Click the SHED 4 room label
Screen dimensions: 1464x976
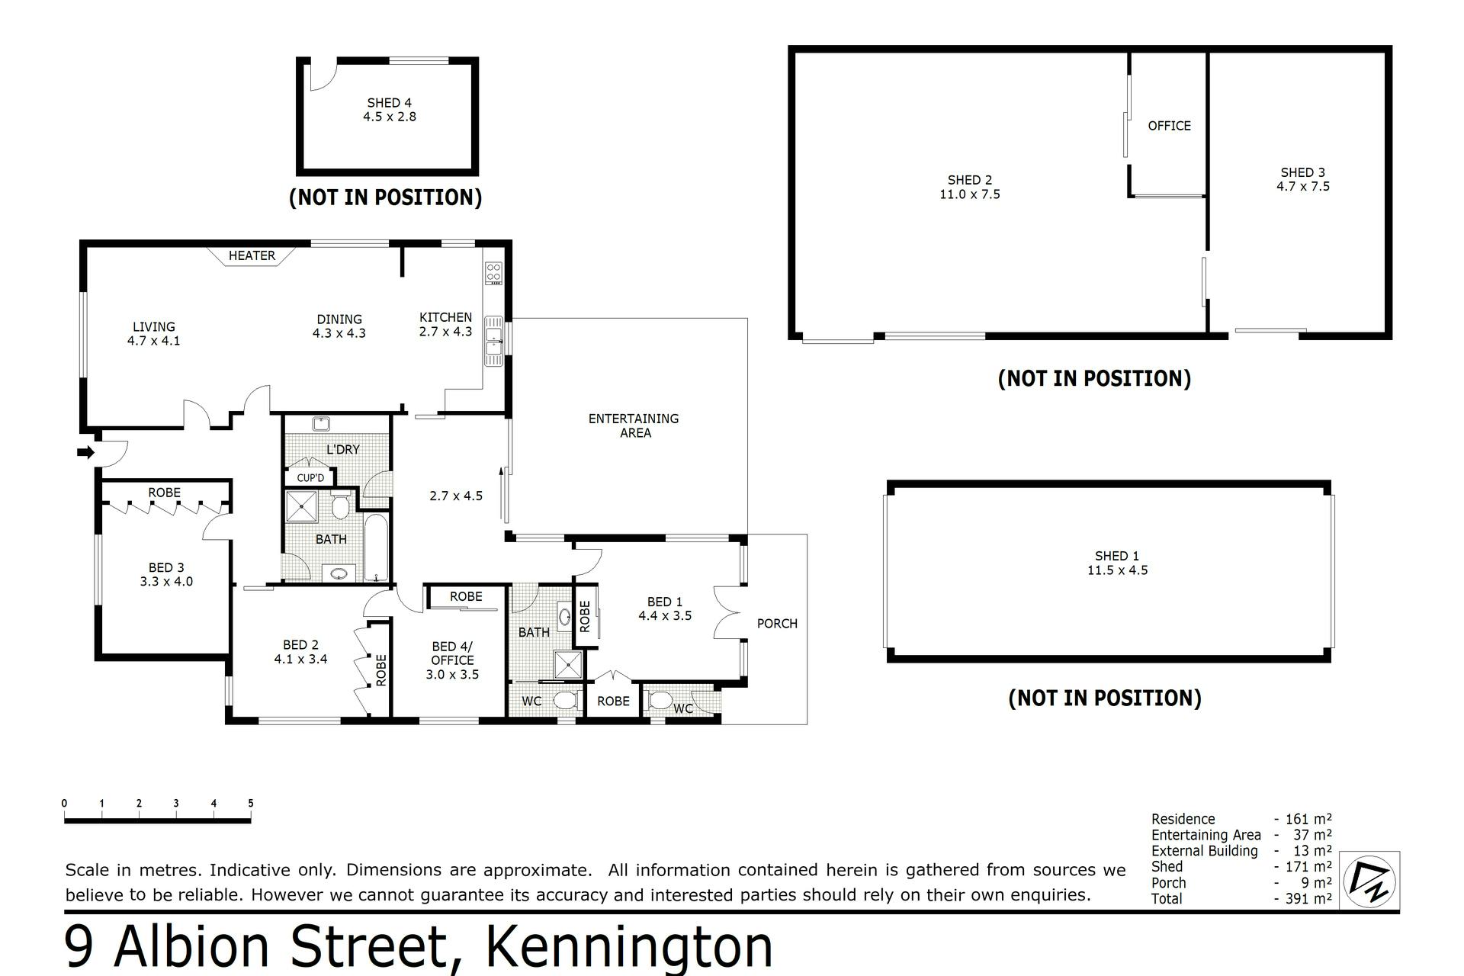point(389,102)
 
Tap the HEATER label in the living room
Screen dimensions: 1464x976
point(252,255)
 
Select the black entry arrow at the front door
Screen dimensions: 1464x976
point(85,452)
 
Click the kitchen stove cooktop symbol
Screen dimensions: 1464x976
point(494,273)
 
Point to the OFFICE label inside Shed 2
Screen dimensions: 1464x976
point(1169,126)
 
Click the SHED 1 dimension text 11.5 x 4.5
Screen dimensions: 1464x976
point(1117,570)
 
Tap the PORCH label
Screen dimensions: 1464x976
point(777,624)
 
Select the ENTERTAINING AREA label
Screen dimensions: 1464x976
point(634,425)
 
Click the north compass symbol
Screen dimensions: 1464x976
point(1369,881)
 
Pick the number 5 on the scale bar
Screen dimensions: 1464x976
point(251,803)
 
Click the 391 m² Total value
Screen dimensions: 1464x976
point(1308,899)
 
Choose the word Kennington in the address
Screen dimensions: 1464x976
point(629,946)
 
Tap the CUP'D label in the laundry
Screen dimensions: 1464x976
point(310,478)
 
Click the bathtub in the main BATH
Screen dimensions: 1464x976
point(377,547)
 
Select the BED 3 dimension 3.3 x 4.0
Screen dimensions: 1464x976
point(166,582)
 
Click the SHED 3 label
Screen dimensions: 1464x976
point(1303,172)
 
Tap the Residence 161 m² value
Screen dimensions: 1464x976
point(1308,820)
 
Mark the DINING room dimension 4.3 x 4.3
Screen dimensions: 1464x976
point(339,333)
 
